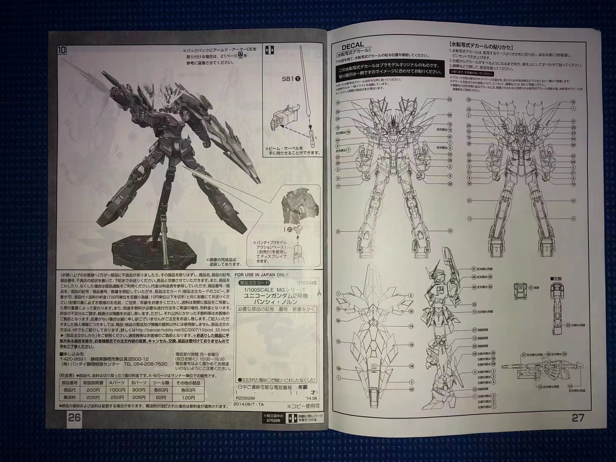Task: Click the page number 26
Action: (x=74, y=417)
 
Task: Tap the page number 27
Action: (x=578, y=417)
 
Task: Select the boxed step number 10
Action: (x=62, y=50)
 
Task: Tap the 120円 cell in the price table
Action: (x=188, y=397)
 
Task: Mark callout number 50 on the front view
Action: (x=450, y=115)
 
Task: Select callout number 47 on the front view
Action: (x=450, y=137)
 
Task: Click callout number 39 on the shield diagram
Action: (x=338, y=368)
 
